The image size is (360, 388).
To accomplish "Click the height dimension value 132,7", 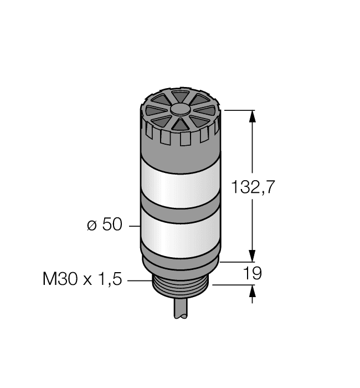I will coord(253,187).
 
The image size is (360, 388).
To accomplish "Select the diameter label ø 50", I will coord(103,226).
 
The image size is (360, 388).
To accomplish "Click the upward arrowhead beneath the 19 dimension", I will coord(253,291).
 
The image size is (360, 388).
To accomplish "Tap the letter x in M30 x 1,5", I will coord(86,280).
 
